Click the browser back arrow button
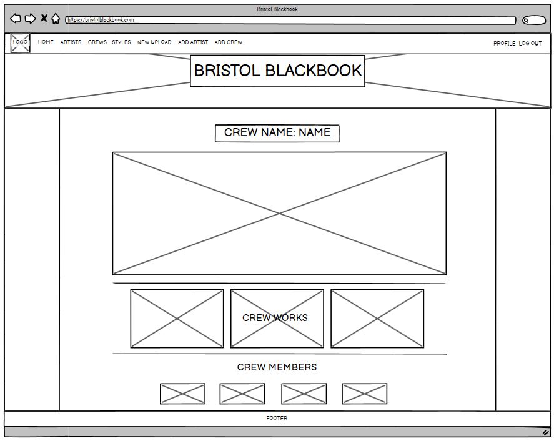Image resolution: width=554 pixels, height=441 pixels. click(16, 19)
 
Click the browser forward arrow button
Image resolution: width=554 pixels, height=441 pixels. click(30, 19)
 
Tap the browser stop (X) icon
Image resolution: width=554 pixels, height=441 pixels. click(44, 18)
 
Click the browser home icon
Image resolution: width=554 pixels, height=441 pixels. click(56, 19)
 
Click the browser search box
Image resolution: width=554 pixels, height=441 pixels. click(534, 21)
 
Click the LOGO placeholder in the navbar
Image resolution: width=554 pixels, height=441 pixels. click(21, 42)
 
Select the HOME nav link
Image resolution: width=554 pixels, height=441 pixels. click(46, 42)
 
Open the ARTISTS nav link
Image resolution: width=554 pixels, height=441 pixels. click(71, 42)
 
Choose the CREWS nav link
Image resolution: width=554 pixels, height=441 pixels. click(97, 42)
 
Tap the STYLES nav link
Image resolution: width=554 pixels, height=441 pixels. click(121, 42)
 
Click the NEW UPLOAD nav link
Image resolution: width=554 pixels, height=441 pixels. click(154, 42)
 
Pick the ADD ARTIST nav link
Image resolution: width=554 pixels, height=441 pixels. click(193, 42)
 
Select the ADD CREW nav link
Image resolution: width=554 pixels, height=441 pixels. click(228, 42)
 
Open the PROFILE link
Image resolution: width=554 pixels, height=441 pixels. click(504, 44)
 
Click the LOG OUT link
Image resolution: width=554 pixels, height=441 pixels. click(530, 44)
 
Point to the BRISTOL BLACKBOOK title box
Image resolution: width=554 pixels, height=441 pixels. click(277, 71)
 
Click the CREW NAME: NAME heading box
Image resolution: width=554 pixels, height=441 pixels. click(277, 133)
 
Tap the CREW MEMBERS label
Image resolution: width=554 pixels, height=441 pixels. click(277, 367)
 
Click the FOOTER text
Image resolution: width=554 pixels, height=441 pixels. click(277, 419)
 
